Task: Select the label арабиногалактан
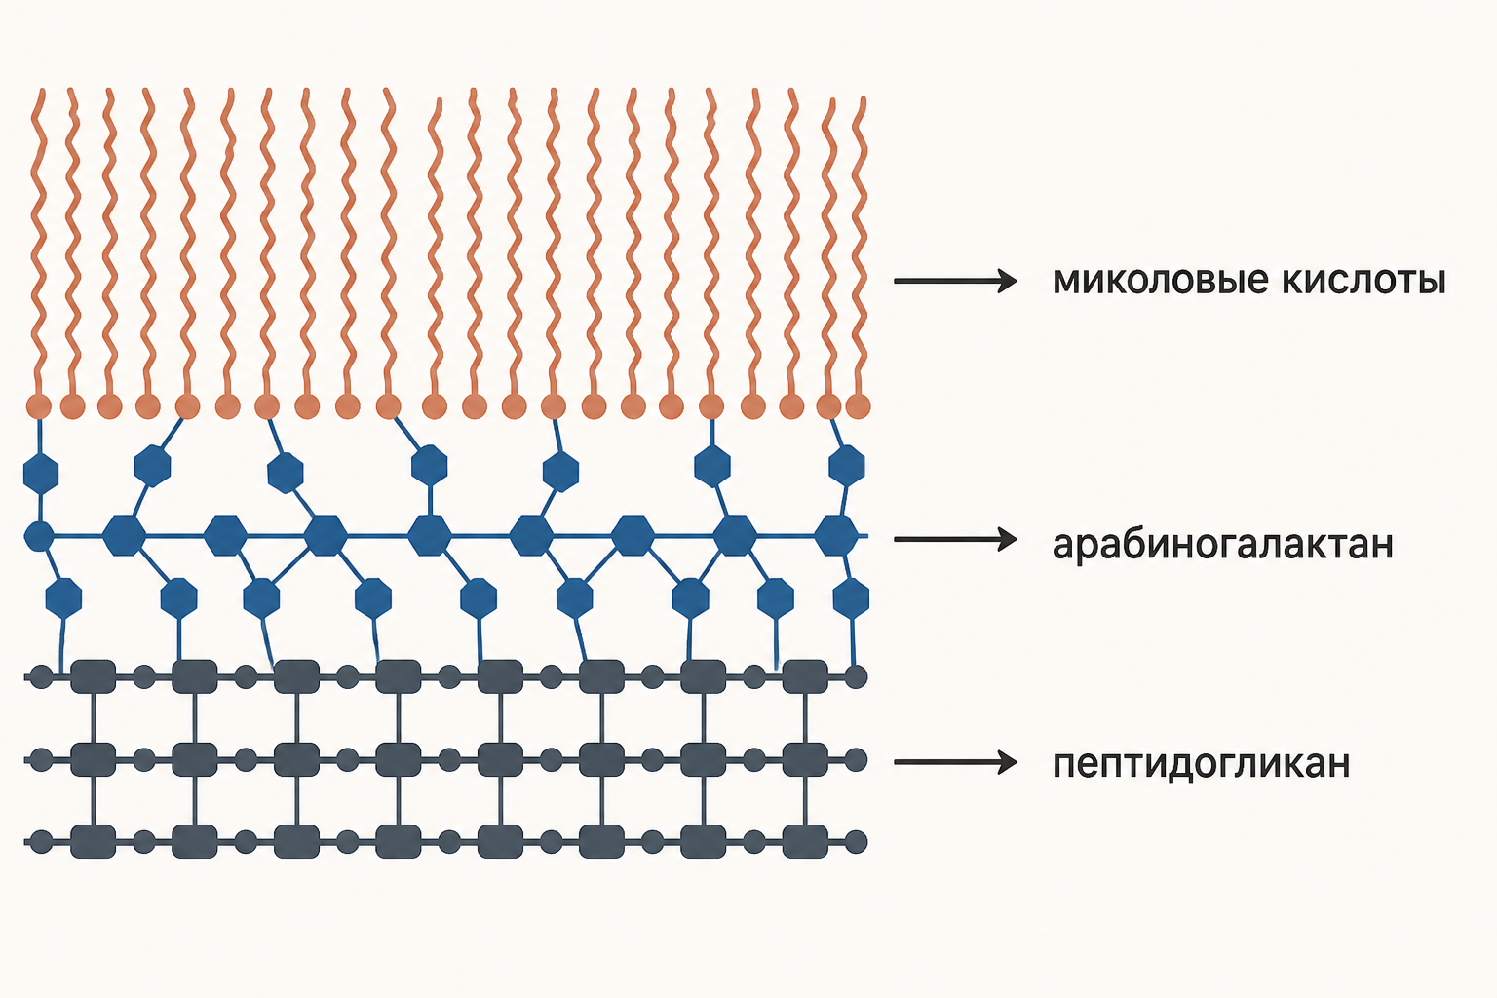(1223, 545)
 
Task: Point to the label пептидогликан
(1202, 763)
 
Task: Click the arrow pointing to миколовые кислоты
(956, 281)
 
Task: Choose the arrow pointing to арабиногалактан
(956, 539)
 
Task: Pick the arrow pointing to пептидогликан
(956, 762)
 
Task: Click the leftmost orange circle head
(39, 405)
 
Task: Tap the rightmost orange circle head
(858, 405)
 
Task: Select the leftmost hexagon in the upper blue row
(41, 474)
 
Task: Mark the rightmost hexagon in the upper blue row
(847, 465)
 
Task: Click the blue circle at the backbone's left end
(39, 536)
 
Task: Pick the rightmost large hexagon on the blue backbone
(836, 535)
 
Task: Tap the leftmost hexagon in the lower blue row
(63, 597)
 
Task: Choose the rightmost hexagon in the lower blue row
(852, 597)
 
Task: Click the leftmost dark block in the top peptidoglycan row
(93, 676)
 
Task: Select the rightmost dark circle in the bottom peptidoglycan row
(856, 842)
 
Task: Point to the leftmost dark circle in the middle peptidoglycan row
(42, 759)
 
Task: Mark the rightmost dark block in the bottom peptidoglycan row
(805, 842)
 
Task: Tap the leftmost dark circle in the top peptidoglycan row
(42, 676)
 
